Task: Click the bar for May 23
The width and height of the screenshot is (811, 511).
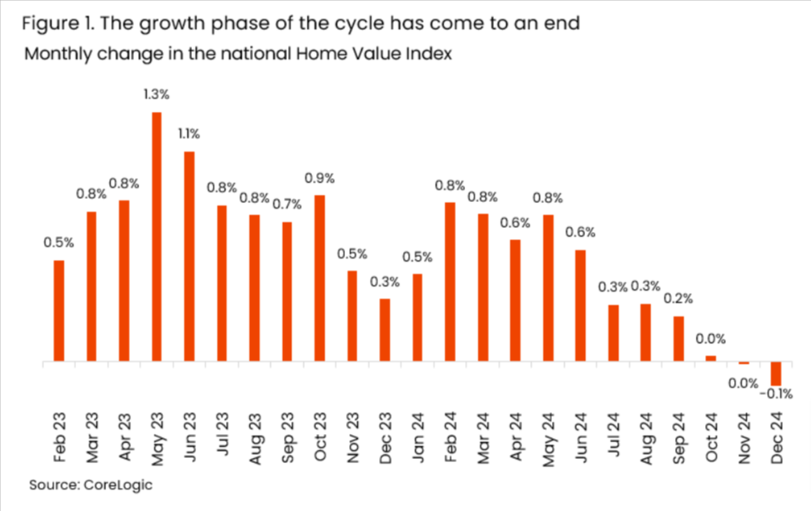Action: coord(156,237)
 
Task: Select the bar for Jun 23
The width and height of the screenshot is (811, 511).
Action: coord(189,257)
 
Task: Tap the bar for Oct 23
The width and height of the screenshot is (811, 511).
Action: coord(319,278)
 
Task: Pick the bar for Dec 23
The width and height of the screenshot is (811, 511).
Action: coord(385,330)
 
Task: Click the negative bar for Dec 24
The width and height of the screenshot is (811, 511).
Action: coord(776,374)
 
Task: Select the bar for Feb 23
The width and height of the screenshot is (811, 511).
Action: coord(59,311)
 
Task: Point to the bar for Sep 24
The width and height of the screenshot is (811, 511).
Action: coord(679,339)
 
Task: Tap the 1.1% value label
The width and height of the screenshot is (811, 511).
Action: coord(189,133)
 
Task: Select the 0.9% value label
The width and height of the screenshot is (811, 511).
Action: coord(319,177)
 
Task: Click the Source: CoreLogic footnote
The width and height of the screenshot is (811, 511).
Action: coord(91,484)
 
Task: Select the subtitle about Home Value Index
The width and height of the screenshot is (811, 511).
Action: coord(237,55)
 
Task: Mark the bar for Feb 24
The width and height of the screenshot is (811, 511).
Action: coord(450,282)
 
